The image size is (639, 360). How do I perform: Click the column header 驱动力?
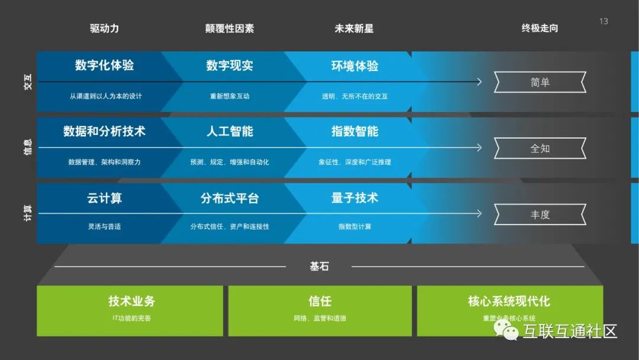105,28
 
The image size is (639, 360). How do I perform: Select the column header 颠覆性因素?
230,28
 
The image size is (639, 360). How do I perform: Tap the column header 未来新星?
354,28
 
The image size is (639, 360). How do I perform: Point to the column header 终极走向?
540,28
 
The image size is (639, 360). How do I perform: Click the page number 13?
603,21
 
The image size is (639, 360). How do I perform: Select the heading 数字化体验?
105,65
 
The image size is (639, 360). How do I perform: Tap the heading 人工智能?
230,131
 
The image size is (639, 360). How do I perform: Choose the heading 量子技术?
354,197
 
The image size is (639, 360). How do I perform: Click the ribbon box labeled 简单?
540,82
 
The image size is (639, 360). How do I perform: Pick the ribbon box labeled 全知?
540,149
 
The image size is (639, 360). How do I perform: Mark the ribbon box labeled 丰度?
540,214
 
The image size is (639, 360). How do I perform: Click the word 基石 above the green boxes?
319,266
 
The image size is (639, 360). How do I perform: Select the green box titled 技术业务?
130,311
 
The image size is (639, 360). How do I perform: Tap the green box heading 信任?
320,301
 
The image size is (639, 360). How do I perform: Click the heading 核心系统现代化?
509,301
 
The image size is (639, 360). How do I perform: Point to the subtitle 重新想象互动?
230,96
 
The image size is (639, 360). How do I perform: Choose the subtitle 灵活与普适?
105,226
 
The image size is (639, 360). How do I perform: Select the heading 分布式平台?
230,197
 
